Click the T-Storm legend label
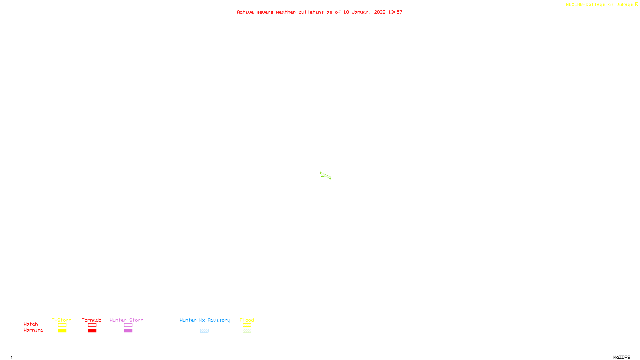point(62,320)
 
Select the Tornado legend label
point(92,320)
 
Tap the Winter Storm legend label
point(126,320)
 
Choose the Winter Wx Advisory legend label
point(205,320)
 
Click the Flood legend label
point(247,320)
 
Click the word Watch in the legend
point(31,324)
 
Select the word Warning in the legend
point(33,330)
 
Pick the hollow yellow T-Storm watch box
point(62,325)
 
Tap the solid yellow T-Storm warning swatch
point(62,331)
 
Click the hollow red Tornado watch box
point(92,325)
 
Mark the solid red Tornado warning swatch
point(92,331)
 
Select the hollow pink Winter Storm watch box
point(128,325)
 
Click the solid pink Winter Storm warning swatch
point(128,331)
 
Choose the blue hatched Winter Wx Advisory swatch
point(204,331)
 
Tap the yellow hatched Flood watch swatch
point(247,325)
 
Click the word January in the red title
point(361,12)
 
